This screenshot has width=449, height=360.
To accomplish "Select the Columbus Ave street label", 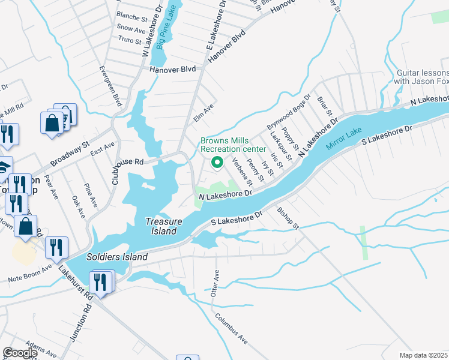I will [x=232, y=329].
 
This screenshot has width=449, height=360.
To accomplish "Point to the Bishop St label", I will [x=288, y=218].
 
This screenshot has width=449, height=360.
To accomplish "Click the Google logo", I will [x=20, y=353].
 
